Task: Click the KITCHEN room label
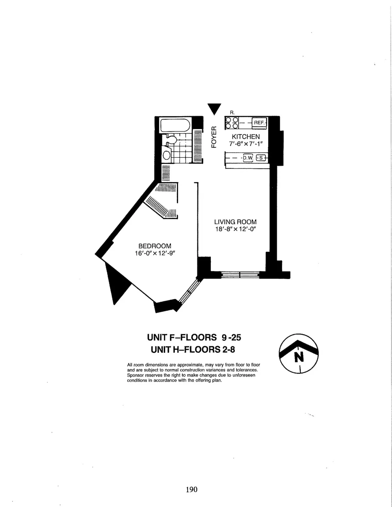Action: coord(246,137)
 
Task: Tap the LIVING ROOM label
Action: coord(235,222)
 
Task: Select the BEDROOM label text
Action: coord(155,246)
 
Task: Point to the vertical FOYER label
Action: coord(214,137)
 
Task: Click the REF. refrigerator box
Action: coord(259,123)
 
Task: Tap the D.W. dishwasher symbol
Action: coord(248,158)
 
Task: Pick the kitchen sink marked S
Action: coord(261,158)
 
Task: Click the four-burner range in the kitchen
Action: coord(232,123)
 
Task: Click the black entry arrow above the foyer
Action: coord(214,108)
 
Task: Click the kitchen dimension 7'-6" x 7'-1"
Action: coord(246,144)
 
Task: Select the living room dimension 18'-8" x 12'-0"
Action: coord(235,229)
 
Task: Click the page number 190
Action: coord(191,489)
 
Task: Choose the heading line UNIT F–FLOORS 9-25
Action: coord(194,337)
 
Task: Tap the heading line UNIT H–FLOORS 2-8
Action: coord(193,350)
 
